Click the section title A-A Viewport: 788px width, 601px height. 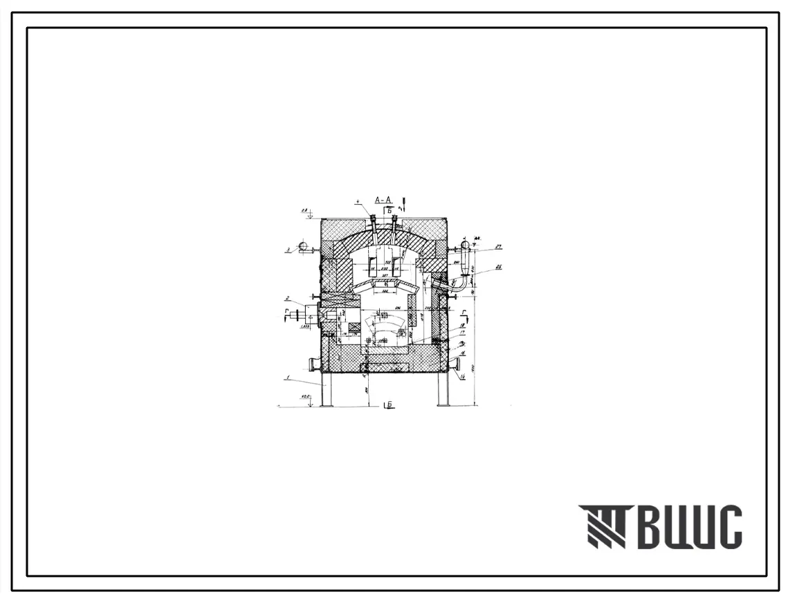[x=384, y=200]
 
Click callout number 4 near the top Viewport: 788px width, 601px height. [x=358, y=202]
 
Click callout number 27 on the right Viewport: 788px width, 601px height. [x=498, y=246]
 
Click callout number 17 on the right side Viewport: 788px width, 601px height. [x=461, y=333]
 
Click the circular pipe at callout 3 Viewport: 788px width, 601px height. [x=303, y=247]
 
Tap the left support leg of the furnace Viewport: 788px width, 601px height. [x=327, y=389]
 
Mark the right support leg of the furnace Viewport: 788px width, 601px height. [x=443, y=389]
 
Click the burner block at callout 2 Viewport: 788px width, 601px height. [x=311, y=315]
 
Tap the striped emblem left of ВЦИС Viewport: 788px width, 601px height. [x=603, y=527]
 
